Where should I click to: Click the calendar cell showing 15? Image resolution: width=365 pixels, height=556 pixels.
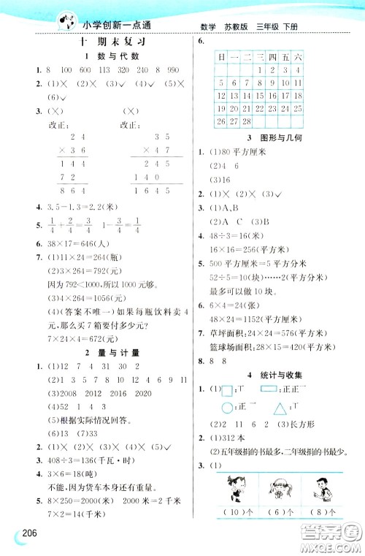click(x=249, y=95)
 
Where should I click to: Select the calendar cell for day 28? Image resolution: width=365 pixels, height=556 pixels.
click(x=249, y=121)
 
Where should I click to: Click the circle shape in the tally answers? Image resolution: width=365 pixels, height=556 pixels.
click(x=227, y=409)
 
